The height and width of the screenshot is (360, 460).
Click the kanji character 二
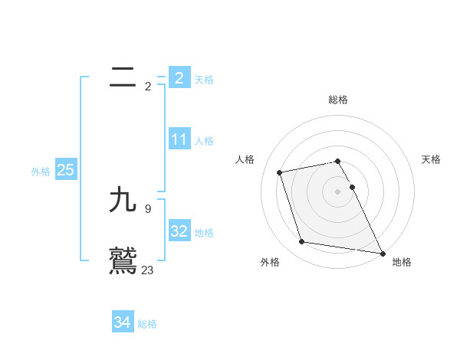(123, 77)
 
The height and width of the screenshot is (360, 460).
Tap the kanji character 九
(123, 201)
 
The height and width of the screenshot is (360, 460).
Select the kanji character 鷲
(123, 260)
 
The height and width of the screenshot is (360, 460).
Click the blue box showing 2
(179, 77)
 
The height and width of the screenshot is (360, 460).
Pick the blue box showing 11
(179, 139)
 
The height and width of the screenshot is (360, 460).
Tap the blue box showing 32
(179, 231)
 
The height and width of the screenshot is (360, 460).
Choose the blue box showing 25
(65, 170)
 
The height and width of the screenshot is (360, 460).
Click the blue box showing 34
(122, 322)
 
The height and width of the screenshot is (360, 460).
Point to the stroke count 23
(147, 270)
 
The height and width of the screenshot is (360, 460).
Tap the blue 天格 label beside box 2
(204, 79)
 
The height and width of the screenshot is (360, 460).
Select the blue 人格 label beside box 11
(204, 141)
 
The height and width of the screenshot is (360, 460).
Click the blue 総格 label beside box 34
(147, 324)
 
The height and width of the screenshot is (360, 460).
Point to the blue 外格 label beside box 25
(41, 172)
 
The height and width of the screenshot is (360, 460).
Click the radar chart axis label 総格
(338, 100)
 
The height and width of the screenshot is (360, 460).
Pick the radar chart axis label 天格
(431, 159)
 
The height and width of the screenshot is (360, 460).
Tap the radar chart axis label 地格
(402, 262)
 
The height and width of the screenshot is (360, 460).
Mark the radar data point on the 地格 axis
(383, 252)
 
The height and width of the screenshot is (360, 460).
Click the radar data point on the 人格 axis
(280, 172)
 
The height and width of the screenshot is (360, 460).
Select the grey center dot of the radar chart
(338, 191)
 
